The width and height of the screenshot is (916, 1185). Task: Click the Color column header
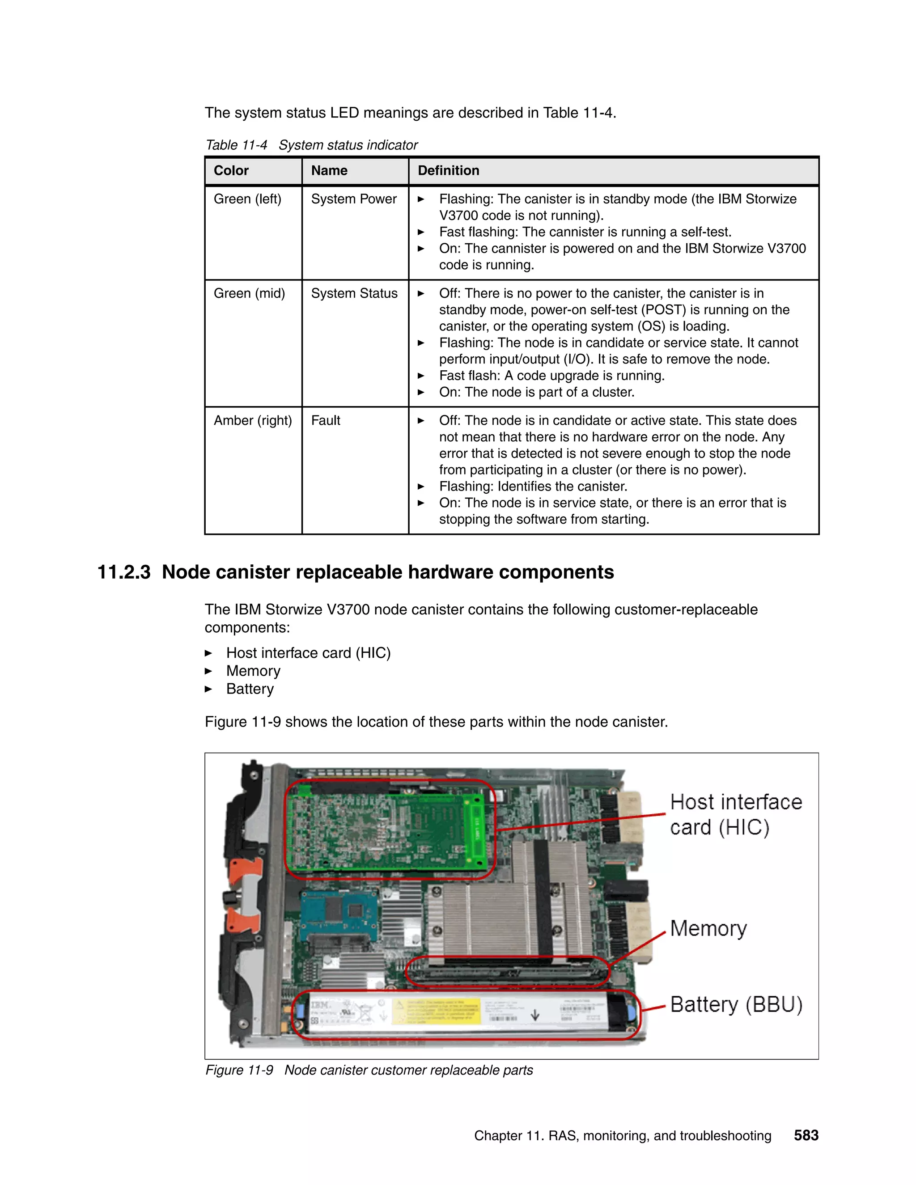coord(231,171)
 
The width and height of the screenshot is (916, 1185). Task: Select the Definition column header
coord(448,171)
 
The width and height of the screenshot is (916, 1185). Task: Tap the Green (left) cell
coord(247,199)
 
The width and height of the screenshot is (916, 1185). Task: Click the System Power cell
coord(354,199)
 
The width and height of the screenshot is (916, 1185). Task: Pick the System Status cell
coord(354,293)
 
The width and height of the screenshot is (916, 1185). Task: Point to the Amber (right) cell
coord(253,420)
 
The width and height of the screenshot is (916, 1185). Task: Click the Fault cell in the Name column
coord(326,420)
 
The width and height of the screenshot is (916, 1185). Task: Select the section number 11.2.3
coord(124,572)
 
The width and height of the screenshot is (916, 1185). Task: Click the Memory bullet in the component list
coord(253,671)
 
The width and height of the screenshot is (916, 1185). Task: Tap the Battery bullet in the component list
coord(250,689)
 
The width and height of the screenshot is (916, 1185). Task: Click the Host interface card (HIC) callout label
coord(735,814)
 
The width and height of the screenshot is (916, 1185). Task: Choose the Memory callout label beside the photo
coord(708,928)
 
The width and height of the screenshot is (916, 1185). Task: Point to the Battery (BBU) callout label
coord(736,1004)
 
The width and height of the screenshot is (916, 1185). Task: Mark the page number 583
coord(806,1136)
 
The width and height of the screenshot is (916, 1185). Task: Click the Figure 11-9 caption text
coord(369,1070)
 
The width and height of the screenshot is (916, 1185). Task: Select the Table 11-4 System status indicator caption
coord(311,145)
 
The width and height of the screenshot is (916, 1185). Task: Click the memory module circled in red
coord(507,972)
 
